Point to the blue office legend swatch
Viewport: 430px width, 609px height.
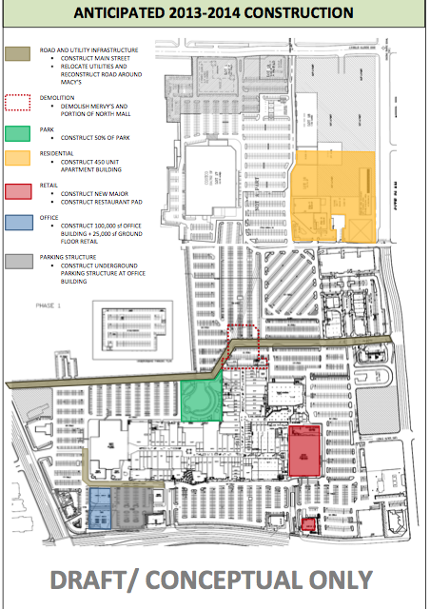coord(19,225)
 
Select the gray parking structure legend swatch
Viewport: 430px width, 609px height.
coord(19,261)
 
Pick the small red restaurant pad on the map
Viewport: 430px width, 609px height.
coord(306,523)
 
